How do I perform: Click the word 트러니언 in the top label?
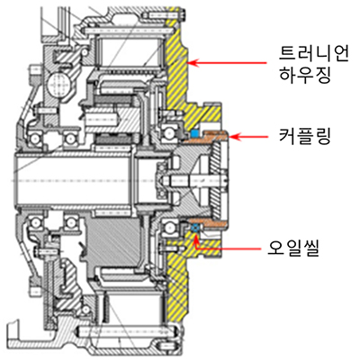pos(314,55)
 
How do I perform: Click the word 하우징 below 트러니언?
pos(305,75)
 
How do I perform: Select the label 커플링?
pos(305,137)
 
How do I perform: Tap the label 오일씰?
pos(293,249)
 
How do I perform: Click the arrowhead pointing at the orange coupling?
pos(234,137)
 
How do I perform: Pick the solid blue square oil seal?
pos(194,132)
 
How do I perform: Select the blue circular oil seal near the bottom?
pos(195,228)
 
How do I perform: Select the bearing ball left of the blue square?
pos(168,132)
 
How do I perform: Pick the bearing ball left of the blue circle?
pos(168,227)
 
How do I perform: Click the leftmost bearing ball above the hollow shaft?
pos(36,139)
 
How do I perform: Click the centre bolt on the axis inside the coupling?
pos(195,180)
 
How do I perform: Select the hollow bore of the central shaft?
pos(74,180)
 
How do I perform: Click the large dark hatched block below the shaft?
pos(114,240)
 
